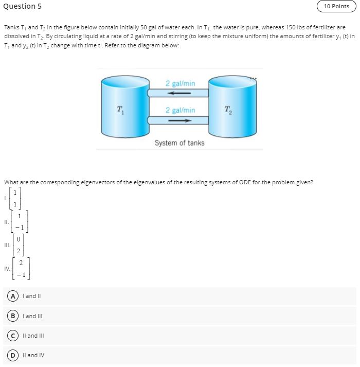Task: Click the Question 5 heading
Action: pyautogui.click(x=22, y=6)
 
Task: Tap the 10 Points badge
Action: pyautogui.click(x=336, y=6)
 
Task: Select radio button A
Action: pyautogui.click(x=10, y=296)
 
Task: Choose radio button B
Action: pyautogui.click(x=10, y=316)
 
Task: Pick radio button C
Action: pyautogui.click(x=10, y=336)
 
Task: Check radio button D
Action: pyautogui.click(x=10, y=355)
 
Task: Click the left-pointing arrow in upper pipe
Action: pyautogui.click(x=180, y=93)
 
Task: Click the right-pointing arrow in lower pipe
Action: pyautogui.click(x=180, y=120)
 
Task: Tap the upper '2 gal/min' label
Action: pyautogui.click(x=180, y=83)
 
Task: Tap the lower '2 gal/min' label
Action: pyautogui.click(x=180, y=110)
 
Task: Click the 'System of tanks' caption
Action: pyautogui.click(x=179, y=143)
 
